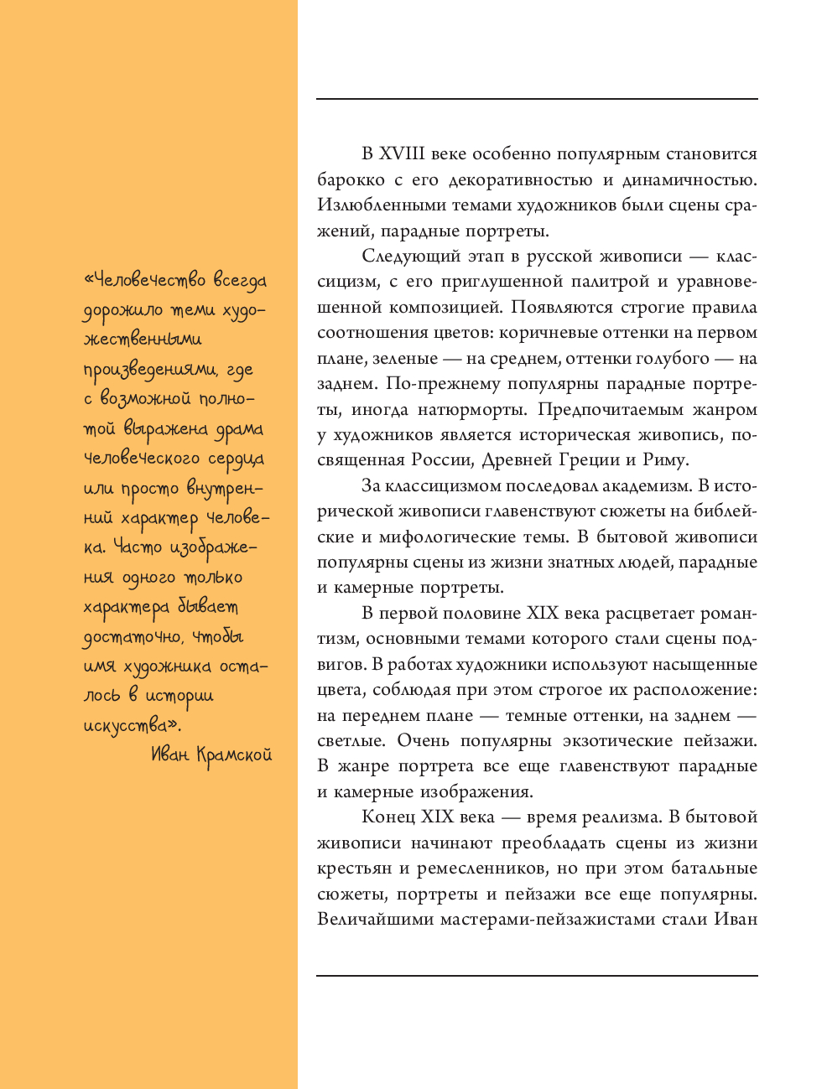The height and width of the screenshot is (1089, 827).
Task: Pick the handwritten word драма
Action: (239, 430)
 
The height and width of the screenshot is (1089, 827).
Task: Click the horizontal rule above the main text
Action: (537, 99)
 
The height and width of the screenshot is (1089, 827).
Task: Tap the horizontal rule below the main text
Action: (537, 975)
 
